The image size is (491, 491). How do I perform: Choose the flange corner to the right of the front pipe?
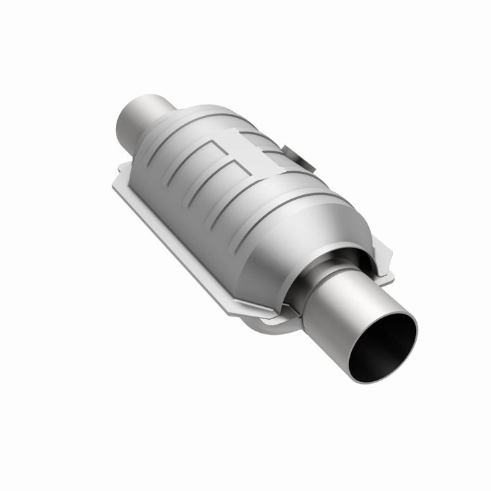385,273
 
